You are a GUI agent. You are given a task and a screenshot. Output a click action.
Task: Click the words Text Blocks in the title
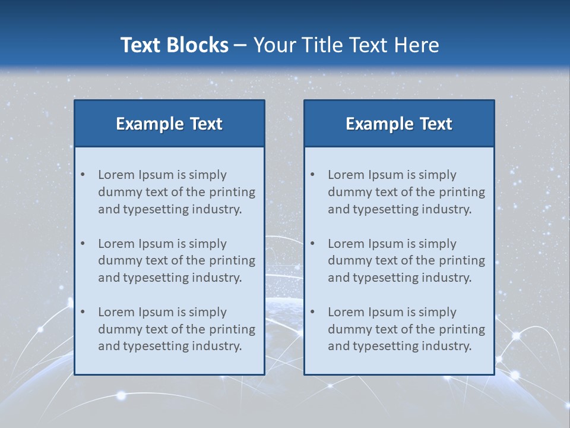pos(174,45)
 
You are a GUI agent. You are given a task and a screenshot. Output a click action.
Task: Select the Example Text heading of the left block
pos(169,124)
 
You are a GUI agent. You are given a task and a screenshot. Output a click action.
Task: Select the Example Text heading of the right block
pos(399,124)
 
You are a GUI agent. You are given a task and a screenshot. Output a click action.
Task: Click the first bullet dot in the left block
pos(83,175)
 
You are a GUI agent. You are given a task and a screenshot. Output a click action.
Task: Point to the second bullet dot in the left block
pos(83,244)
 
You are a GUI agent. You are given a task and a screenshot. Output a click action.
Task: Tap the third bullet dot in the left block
pos(83,312)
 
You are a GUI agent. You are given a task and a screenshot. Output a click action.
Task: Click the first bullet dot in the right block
pos(312,175)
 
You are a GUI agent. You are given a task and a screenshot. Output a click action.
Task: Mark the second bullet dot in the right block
pos(312,244)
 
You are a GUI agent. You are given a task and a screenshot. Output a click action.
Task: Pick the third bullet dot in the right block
pos(312,312)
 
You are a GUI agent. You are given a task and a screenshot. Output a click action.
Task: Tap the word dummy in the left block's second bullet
pos(117,260)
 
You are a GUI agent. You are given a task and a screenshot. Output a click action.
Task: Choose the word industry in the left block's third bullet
pos(217,347)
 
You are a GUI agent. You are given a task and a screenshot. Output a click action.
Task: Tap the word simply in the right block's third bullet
pos(437,312)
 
